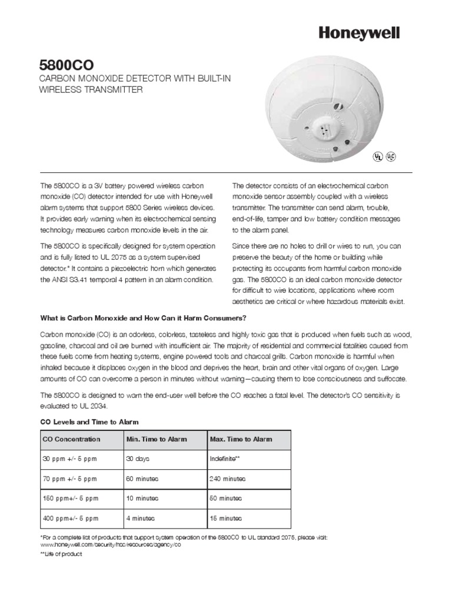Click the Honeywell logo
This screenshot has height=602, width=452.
(359, 34)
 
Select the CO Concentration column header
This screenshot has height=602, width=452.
(71, 439)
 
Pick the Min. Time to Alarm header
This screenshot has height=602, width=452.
(157, 439)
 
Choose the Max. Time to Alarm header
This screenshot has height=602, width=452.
(241, 439)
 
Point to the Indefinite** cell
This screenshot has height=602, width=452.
(225, 458)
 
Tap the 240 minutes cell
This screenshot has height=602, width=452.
(227, 479)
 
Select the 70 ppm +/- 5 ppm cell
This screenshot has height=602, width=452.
(70, 479)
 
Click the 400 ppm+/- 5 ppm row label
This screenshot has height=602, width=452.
(70, 519)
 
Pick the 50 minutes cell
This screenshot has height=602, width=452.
(225, 499)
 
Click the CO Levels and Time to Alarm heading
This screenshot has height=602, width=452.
(88, 422)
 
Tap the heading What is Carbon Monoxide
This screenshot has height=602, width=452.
(142, 318)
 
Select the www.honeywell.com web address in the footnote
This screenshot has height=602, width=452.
(110, 545)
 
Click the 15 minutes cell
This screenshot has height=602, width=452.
(225, 519)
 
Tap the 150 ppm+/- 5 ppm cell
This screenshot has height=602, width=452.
(70, 499)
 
